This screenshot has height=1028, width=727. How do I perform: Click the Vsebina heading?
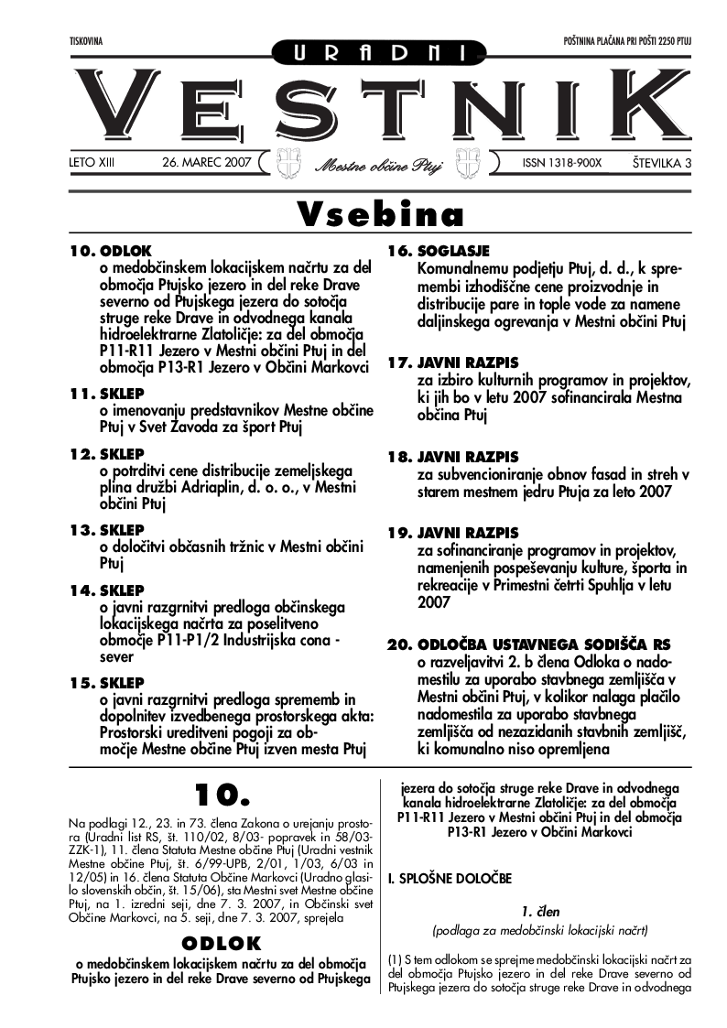coord(381,214)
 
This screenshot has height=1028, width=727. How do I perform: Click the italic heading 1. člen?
coord(540,912)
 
